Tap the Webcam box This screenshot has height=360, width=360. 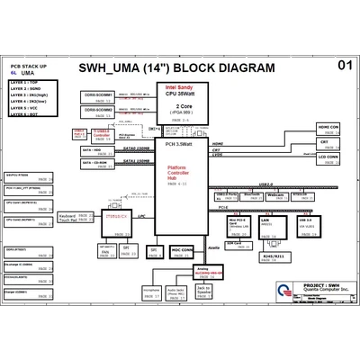point(276,196)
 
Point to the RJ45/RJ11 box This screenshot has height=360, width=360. point(271,256)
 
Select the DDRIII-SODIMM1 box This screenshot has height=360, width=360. point(99,94)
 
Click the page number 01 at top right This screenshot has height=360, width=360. point(345,66)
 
